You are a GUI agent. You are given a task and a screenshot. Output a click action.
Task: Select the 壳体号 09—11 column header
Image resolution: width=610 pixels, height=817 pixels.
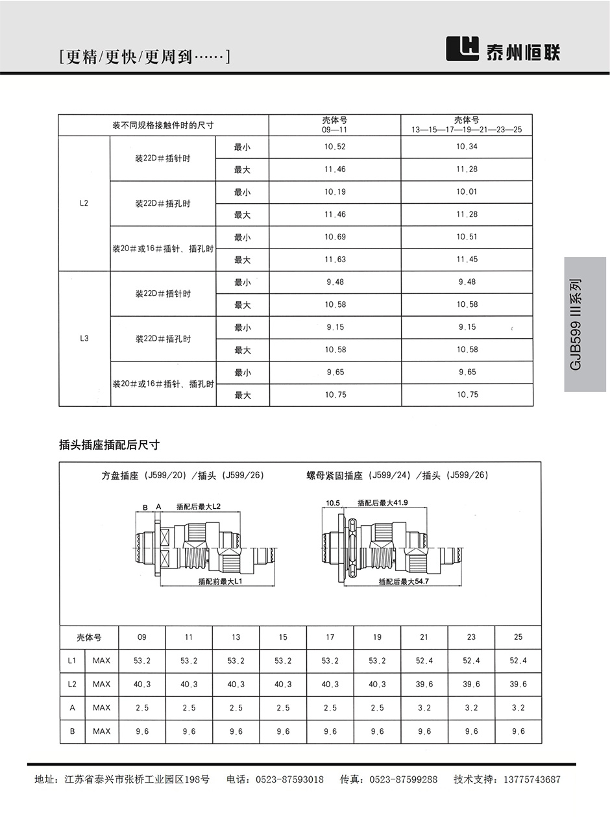tap(335, 125)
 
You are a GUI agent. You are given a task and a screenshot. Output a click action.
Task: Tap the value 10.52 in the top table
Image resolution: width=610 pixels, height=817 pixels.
tap(335, 147)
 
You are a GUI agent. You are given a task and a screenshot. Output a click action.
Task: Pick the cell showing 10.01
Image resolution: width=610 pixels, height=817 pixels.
tap(467, 192)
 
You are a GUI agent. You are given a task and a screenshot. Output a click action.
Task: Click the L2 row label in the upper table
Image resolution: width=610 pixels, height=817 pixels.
tap(84, 203)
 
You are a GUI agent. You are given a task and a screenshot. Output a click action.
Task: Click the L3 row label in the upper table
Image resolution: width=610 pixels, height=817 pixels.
tap(84, 339)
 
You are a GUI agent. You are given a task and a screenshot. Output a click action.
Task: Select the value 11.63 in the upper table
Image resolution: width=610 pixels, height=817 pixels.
tap(335, 260)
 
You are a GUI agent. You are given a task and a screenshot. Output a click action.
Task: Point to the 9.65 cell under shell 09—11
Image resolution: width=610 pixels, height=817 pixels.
tap(335, 372)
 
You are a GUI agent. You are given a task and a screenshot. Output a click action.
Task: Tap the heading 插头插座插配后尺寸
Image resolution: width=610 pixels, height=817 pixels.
tap(109, 445)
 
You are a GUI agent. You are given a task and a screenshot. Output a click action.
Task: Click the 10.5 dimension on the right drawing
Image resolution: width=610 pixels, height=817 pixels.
tap(333, 503)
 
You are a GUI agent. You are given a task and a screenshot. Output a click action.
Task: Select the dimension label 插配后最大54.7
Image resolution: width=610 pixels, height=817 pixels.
tap(404, 582)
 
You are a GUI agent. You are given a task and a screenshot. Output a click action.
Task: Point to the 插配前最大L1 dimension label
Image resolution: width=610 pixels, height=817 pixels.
tap(220, 582)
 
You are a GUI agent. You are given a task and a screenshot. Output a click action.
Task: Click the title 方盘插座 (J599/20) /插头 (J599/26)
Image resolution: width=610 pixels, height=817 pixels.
tap(183, 475)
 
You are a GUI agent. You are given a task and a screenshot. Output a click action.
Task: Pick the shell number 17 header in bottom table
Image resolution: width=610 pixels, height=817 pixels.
tap(330, 637)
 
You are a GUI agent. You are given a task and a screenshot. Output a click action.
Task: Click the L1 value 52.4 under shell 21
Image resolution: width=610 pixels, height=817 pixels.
tap(424, 661)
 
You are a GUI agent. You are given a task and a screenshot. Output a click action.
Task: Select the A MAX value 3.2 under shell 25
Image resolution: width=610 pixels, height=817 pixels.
tap(518, 708)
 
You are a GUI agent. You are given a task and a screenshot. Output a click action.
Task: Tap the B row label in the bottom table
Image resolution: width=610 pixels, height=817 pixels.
tap(72, 731)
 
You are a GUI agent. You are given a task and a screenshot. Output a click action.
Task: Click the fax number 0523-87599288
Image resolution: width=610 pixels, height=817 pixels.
tap(403, 779)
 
